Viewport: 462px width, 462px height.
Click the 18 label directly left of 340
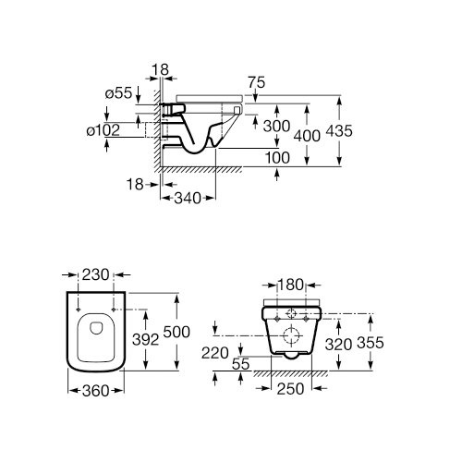click(137, 186)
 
